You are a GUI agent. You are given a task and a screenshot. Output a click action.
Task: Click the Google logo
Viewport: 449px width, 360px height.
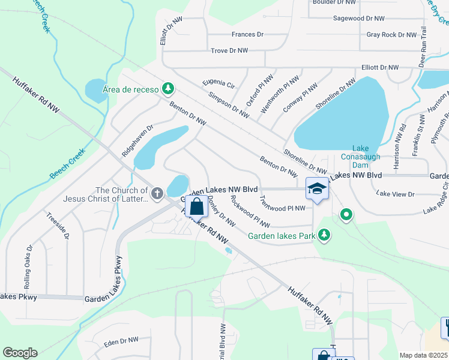pos(20,353)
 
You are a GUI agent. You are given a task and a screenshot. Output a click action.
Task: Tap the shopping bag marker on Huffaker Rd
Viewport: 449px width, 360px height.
pos(196,207)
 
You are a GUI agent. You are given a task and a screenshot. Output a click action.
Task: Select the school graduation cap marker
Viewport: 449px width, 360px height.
pos(316,190)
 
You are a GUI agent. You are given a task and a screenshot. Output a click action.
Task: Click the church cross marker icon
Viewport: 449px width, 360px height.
pos(157,193)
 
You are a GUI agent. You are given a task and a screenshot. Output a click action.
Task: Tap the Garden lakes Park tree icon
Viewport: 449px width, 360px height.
pos(324,235)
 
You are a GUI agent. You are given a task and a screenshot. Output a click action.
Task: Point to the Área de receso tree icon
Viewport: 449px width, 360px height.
pos(169,89)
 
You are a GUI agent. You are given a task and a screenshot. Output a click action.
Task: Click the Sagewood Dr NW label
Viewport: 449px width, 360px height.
pos(360,19)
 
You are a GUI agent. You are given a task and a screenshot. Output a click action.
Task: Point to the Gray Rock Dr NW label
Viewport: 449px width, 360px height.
pos(391,35)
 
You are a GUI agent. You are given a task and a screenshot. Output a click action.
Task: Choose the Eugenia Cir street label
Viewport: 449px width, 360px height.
pos(218,83)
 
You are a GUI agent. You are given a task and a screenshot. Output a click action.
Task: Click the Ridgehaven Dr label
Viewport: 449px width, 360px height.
pos(138,140)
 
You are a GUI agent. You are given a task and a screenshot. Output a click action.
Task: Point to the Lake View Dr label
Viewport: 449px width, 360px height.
pos(395,194)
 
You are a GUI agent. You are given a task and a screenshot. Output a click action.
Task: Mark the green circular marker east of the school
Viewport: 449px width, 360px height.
pos(346,214)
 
